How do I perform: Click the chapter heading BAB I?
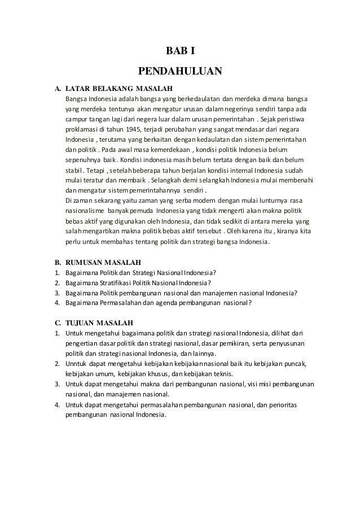click(179, 52)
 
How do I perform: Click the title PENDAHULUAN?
click(180, 72)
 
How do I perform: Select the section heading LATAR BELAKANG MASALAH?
click(118, 89)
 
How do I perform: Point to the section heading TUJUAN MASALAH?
click(99, 323)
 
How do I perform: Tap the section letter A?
click(57, 89)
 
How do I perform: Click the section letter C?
click(57, 323)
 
